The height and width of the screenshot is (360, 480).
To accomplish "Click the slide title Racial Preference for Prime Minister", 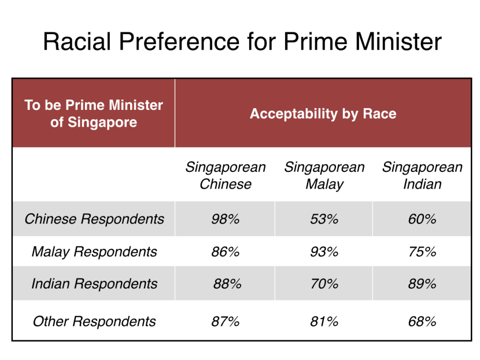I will pyautogui.click(x=242, y=42).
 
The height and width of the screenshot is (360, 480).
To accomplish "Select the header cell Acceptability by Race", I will pyautogui.click(x=323, y=113).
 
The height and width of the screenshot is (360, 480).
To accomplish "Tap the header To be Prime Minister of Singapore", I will pyautogui.click(x=94, y=113).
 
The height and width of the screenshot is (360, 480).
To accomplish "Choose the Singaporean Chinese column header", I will pyautogui.click(x=226, y=176).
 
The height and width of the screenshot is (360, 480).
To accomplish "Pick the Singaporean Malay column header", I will pyautogui.click(x=324, y=176).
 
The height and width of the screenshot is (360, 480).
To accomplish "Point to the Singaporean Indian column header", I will pyautogui.click(x=422, y=176).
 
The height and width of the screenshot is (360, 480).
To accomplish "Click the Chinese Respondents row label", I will pyautogui.click(x=94, y=219).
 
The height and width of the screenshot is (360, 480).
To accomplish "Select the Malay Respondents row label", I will pyautogui.click(x=94, y=252).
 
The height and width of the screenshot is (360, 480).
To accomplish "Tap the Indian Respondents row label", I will pyautogui.click(x=94, y=284).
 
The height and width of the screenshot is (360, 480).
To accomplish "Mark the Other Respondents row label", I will pyautogui.click(x=94, y=321).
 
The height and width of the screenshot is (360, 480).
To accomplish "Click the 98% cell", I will pyautogui.click(x=226, y=219).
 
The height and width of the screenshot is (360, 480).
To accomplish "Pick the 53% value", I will pyautogui.click(x=324, y=219).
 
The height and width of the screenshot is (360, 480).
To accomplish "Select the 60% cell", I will pyautogui.click(x=422, y=219).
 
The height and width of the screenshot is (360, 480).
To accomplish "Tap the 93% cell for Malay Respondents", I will pyautogui.click(x=324, y=252).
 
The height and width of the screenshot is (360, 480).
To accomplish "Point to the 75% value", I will pyautogui.click(x=422, y=252).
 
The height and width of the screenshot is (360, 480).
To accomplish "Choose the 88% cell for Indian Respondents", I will pyautogui.click(x=227, y=284).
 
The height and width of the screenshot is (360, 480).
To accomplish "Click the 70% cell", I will pyautogui.click(x=324, y=284).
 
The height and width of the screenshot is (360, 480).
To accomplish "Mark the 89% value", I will pyautogui.click(x=422, y=284).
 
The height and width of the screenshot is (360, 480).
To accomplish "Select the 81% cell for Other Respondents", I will pyautogui.click(x=324, y=321).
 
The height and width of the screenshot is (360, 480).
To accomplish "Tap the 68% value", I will pyautogui.click(x=422, y=321).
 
